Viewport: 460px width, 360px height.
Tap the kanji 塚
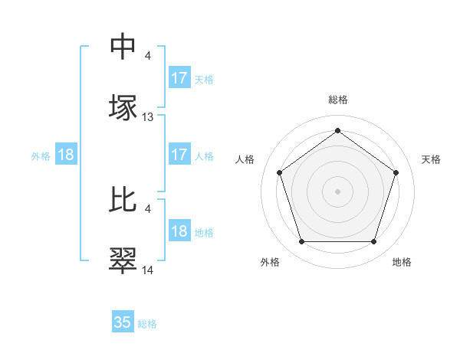coord(123,107)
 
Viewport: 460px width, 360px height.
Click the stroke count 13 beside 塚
coord(148,117)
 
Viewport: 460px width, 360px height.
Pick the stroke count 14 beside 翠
coord(148,270)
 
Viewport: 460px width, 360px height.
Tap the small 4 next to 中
coord(147,55)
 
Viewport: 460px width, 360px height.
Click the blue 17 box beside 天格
coord(179,78)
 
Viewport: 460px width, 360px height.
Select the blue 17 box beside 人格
coord(179,155)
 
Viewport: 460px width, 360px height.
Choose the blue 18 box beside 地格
coord(179,231)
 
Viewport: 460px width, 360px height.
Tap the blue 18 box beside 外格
coord(66,155)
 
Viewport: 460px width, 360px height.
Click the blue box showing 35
coord(123,322)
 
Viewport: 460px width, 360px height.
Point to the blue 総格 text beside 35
coord(148,324)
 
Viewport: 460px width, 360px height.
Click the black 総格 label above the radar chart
coord(337,100)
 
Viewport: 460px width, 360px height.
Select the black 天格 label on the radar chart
coord(431,159)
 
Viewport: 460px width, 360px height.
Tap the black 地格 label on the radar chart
coord(402,262)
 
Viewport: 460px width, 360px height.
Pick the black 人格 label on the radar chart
coord(245,159)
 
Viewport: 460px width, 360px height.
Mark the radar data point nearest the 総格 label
coord(337,131)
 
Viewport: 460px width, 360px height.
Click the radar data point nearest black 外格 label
coord(301,242)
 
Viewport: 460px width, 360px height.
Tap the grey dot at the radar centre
coord(337,191)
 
